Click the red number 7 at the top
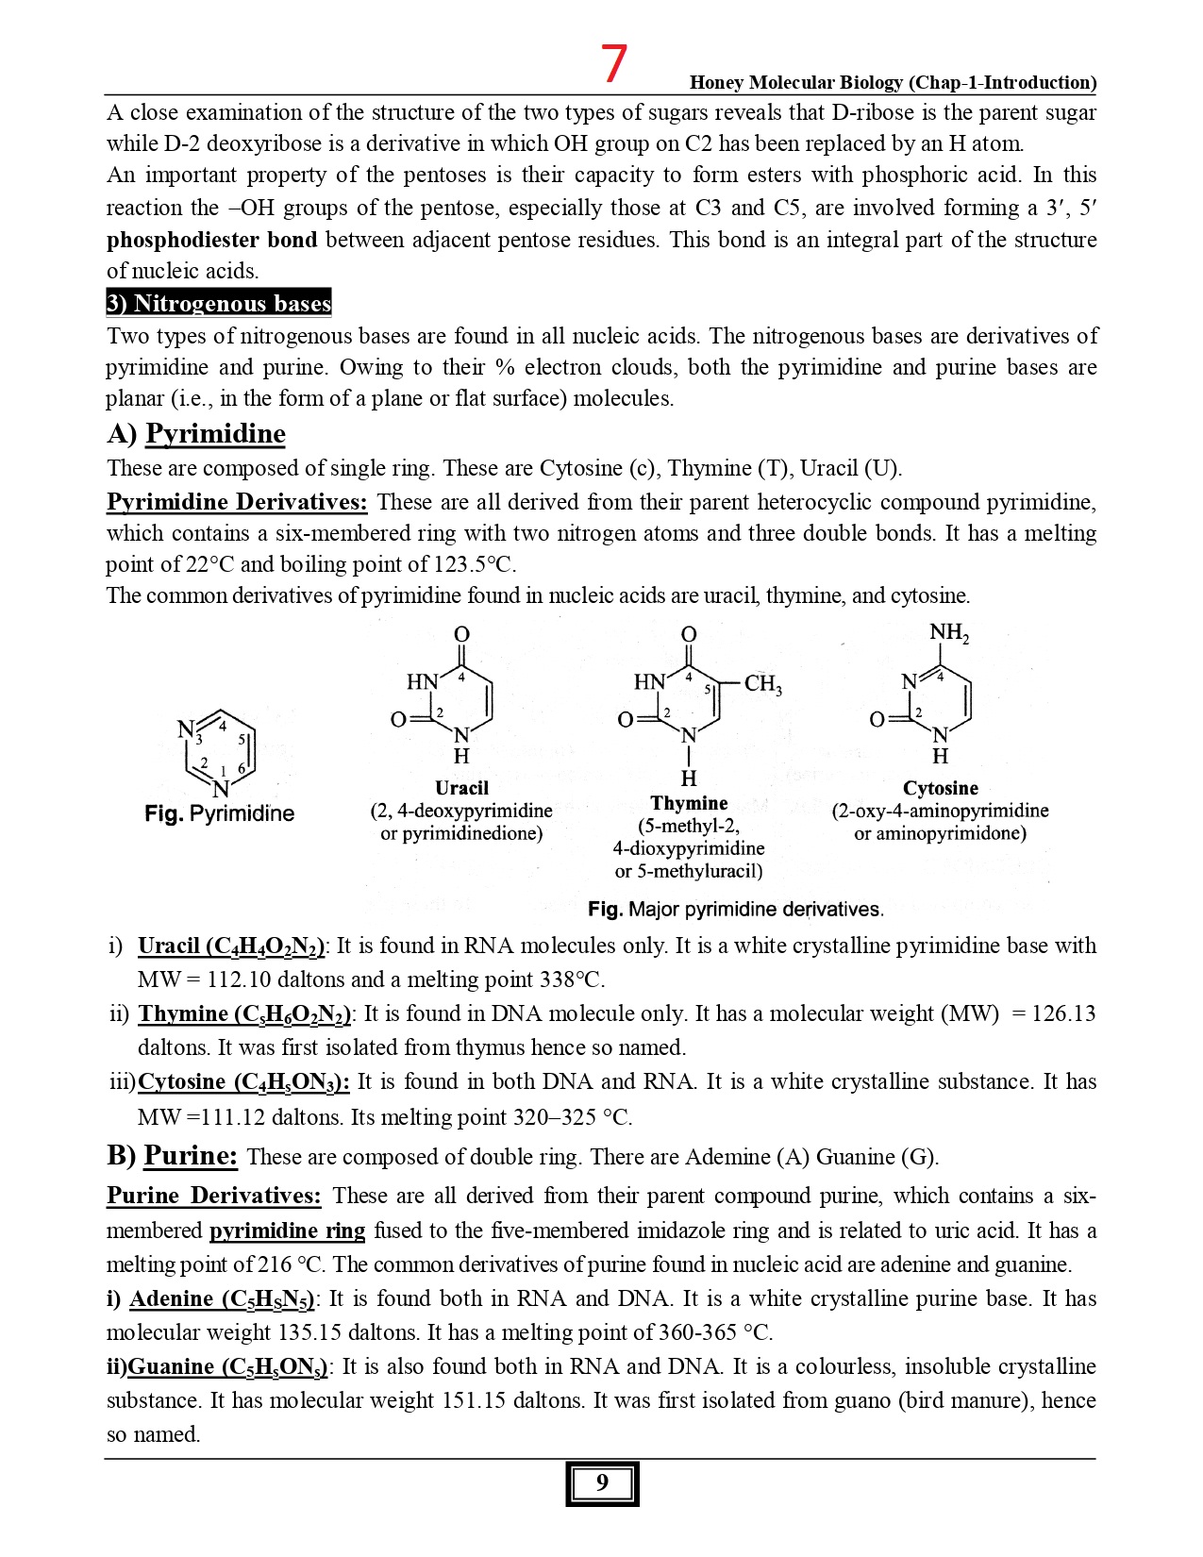point(614,63)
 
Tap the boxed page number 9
point(602,1482)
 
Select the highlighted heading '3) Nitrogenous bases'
point(218,303)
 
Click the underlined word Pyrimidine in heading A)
point(215,433)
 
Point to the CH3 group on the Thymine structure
point(762,683)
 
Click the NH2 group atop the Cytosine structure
point(948,632)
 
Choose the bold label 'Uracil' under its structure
point(461,788)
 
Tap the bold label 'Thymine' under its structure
point(689,803)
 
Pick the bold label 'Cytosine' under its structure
point(940,788)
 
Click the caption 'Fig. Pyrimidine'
point(219,813)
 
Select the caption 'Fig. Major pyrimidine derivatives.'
point(735,909)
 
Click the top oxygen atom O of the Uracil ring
point(461,634)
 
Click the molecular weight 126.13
point(1063,1013)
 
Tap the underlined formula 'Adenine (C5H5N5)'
point(222,1299)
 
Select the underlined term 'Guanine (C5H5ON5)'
point(226,1367)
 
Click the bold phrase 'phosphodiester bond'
point(211,240)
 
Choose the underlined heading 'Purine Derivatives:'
point(213,1196)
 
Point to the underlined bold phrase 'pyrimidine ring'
point(287,1231)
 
